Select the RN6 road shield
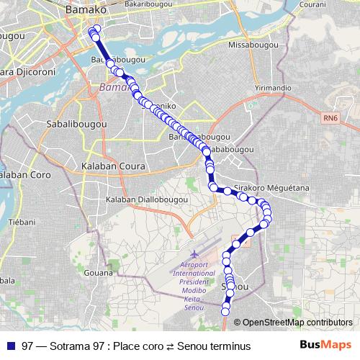330,118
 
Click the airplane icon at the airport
194,254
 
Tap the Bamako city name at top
86,10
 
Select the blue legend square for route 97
11,346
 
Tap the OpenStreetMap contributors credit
297,323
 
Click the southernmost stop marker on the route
225,311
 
